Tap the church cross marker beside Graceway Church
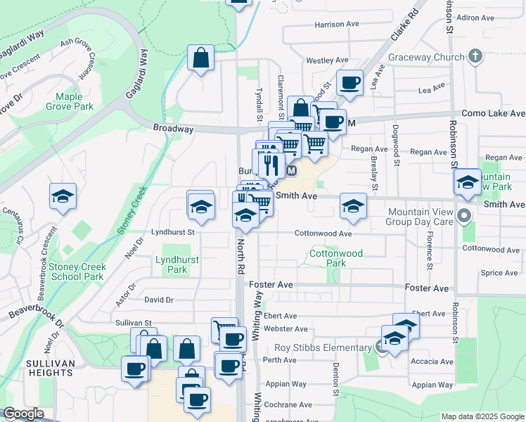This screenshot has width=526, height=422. tap(475, 56)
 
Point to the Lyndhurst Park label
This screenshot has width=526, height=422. tap(177, 264)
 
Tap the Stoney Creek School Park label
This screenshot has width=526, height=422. tap(77, 271)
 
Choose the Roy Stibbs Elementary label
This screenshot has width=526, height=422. tap(323, 347)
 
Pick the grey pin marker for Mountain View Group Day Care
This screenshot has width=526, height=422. tap(463, 216)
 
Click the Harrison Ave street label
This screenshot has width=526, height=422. tap(338, 24)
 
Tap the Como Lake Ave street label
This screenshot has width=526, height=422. tap(493, 113)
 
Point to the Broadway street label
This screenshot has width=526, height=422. tap(173, 129)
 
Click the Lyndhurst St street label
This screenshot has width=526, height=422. tap(172, 231)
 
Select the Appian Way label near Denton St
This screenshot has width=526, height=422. tap(290, 384)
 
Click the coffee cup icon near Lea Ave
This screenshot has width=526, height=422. tap(349, 83)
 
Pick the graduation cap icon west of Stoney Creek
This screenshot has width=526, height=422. tap(63, 197)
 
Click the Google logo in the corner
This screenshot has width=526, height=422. tap(23, 414)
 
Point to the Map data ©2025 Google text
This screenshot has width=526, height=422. tap(482, 416)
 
